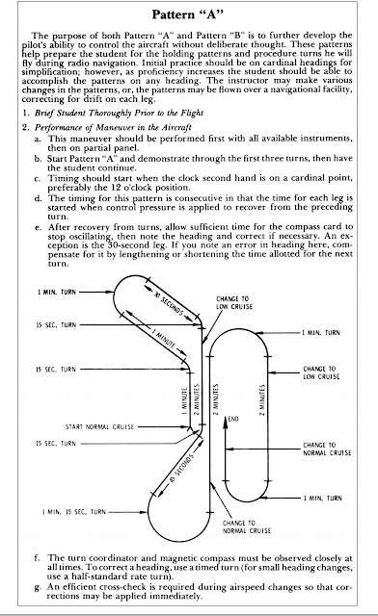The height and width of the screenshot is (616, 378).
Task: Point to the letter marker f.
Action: tap(37, 558)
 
